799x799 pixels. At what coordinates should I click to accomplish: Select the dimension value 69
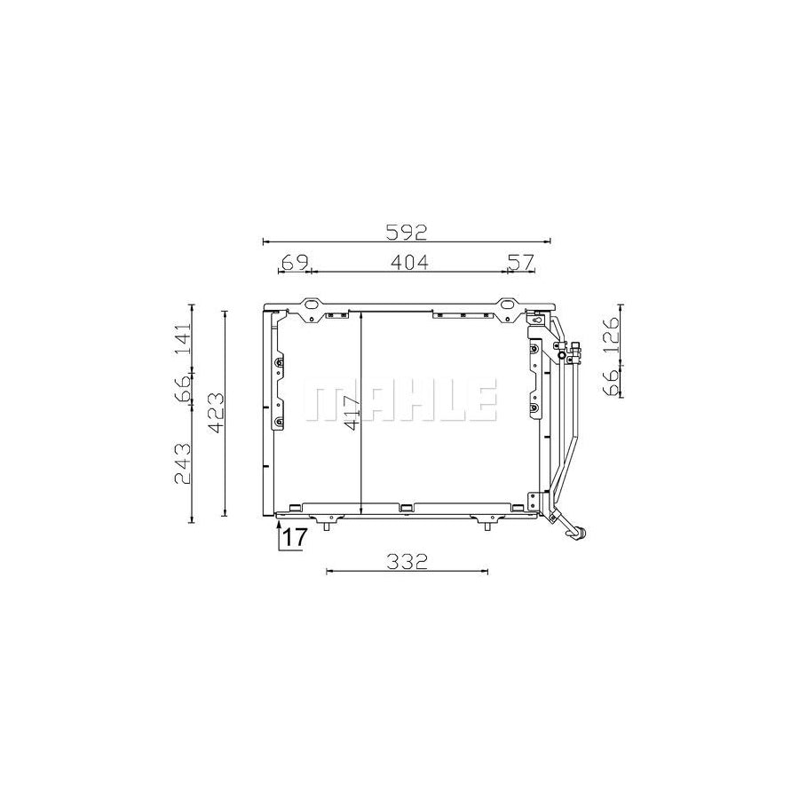click(x=294, y=262)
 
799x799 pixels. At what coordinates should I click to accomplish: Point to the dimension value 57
click(x=519, y=262)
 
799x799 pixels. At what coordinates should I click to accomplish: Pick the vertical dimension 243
click(x=181, y=463)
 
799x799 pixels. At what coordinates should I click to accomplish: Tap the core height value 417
click(x=352, y=414)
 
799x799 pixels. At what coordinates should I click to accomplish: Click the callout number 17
click(x=294, y=537)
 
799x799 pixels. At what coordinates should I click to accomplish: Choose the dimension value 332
click(x=407, y=561)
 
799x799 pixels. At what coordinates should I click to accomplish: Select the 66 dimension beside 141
click(x=181, y=388)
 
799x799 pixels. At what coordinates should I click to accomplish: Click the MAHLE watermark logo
click(x=400, y=401)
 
